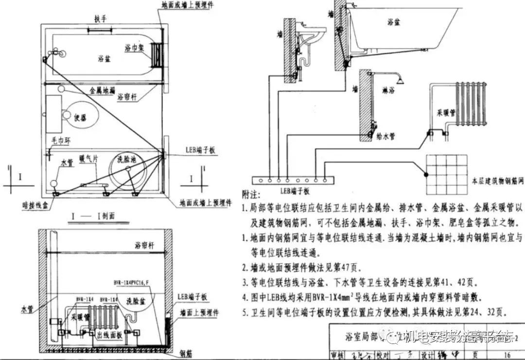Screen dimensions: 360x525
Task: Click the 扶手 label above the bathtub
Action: click(x=101, y=19)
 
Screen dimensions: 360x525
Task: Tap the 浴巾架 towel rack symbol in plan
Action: click(x=156, y=53)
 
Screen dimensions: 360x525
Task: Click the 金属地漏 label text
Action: click(x=103, y=90)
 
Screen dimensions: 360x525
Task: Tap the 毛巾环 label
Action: click(x=60, y=140)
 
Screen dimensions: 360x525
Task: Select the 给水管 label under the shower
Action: click(x=385, y=137)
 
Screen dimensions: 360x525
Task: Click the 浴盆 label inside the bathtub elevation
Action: click(x=394, y=22)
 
